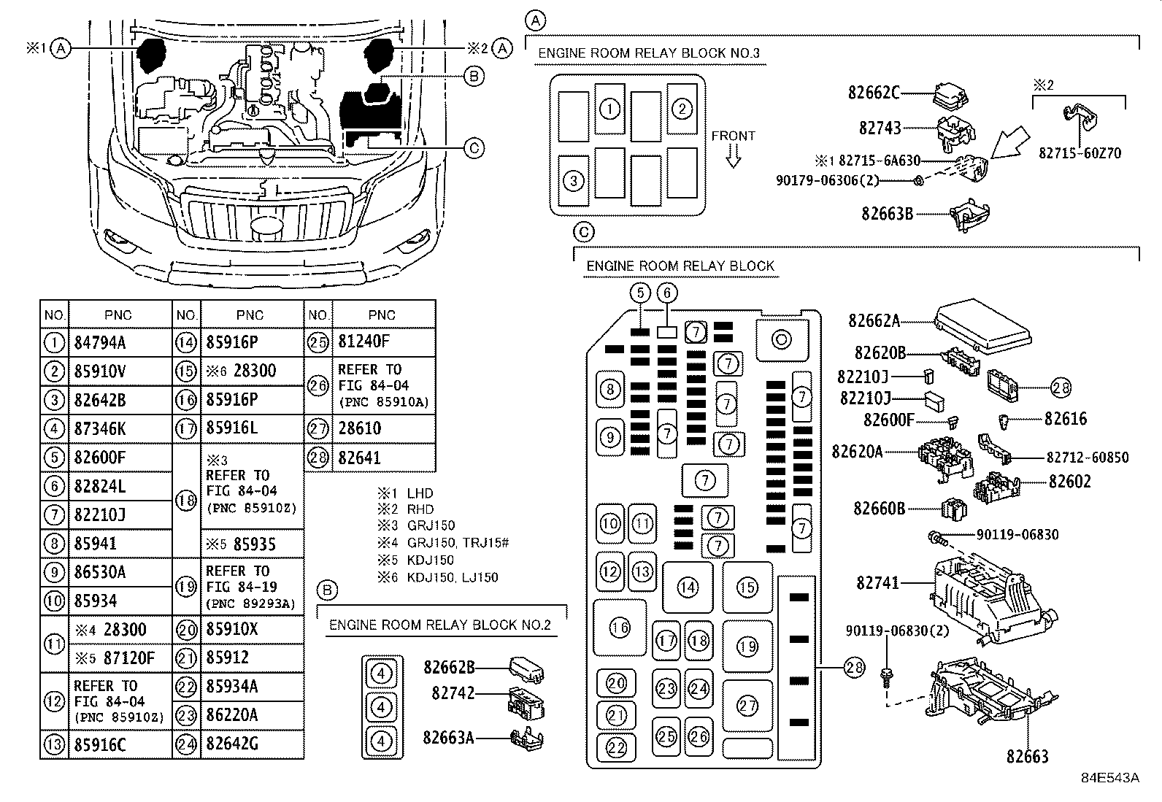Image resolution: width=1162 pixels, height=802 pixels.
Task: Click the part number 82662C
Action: click(x=874, y=93)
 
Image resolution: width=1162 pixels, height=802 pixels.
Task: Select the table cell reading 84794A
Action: click(x=100, y=343)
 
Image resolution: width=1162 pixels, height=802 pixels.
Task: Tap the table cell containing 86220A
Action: click(x=232, y=715)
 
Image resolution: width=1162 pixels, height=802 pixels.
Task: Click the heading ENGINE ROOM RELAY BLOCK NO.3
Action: click(x=648, y=53)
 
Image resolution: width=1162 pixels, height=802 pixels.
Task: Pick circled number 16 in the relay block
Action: click(x=620, y=628)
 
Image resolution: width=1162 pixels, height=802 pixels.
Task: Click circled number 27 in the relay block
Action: click(x=747, y=706)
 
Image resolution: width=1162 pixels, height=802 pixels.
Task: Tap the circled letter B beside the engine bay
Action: click(x=474, y=76)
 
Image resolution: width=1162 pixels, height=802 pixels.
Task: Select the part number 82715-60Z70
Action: click(x=1080, y=154)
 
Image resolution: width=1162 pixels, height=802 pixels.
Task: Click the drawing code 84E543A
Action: click(x=1109, y=778)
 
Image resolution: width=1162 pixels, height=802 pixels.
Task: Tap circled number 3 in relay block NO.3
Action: click(x=574, y=180)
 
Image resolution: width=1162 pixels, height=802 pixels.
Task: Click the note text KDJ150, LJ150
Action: click(x=453, y=577)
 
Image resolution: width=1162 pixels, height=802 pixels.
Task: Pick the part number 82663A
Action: click(x=448, y=738)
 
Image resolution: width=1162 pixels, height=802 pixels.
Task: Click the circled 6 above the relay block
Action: click(x=667, y=293)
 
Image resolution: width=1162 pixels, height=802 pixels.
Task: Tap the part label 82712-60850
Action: click(x=1087, y=458)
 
